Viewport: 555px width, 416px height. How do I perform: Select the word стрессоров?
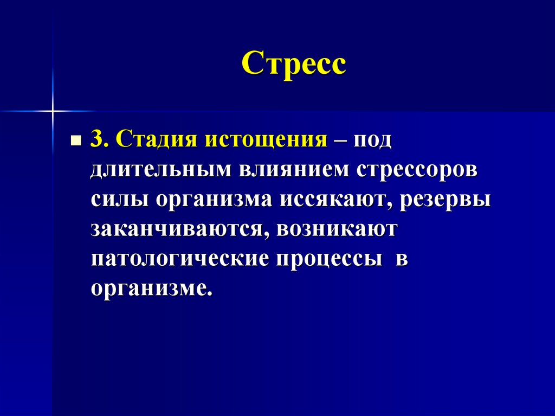pyautogui.click(x=417, y=171)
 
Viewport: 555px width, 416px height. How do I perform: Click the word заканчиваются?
pyautogui.click(x=178, y=229)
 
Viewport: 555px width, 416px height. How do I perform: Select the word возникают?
pyautogui.click(x=337, y=229)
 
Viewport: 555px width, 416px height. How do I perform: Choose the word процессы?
pyautogui.click(x=327, y=259)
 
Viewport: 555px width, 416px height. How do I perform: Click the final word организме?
pyautogui.click(x=151, y=287)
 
